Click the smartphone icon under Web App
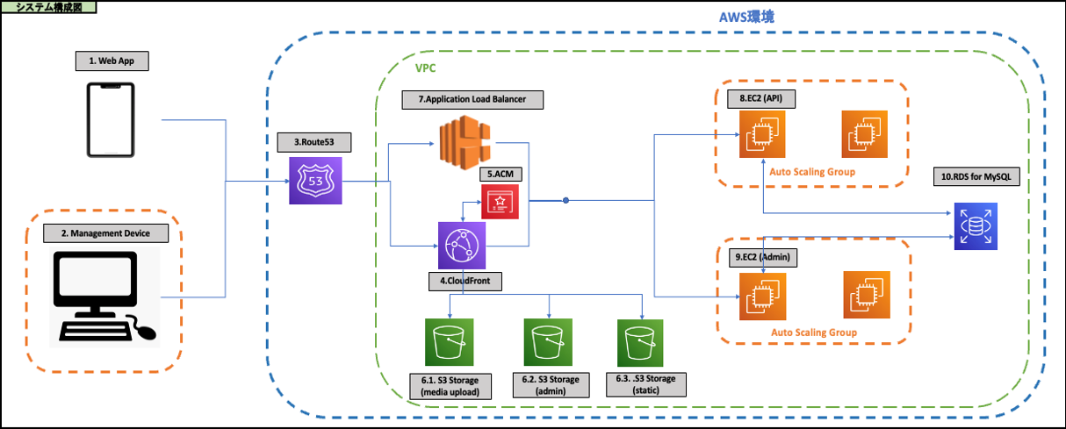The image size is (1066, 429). pyautogui.click(x=111, y=120)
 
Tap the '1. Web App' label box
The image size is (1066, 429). pyautogui.click(x=112, y=61)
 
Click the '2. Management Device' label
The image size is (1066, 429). pyautogui.click(x=104, y=233)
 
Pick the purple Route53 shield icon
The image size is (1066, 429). pyautogui.click(x=315, y=180)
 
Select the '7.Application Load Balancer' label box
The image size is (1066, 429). pyautogui.click(x=472, y=99)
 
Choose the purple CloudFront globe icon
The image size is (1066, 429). pyautogui.click(x=462, y=245)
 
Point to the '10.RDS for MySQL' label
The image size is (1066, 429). pyautogui.click(x=975, y=177)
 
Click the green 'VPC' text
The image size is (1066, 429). pyautogui.click(x=425, y=68)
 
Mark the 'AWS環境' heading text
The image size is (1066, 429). pyautogui.click(x=745, y=18)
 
